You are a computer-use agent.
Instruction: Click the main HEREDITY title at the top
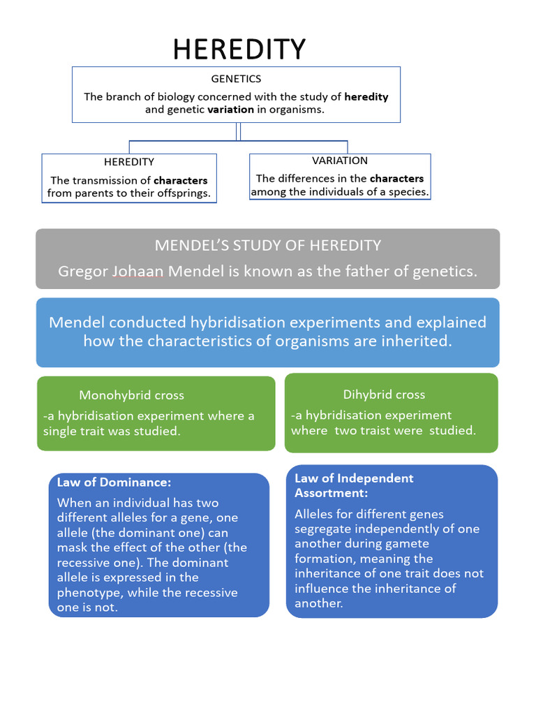(x=239, y=50)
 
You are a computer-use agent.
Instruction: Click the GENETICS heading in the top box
(x=236, y=80)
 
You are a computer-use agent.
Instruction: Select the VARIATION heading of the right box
(x=340, y=161)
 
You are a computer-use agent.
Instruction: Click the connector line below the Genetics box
(x=239, y=131)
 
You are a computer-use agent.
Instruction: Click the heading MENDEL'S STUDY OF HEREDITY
(x=268, y=245)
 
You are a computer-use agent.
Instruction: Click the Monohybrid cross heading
(x=132, y=395)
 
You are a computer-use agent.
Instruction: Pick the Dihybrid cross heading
(x=384, y=395)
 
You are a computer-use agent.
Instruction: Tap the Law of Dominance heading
(x=114, y=482)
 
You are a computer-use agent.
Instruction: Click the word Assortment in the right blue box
(x=331, y=493)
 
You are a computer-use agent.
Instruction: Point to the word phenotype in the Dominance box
(x=88, y=593)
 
